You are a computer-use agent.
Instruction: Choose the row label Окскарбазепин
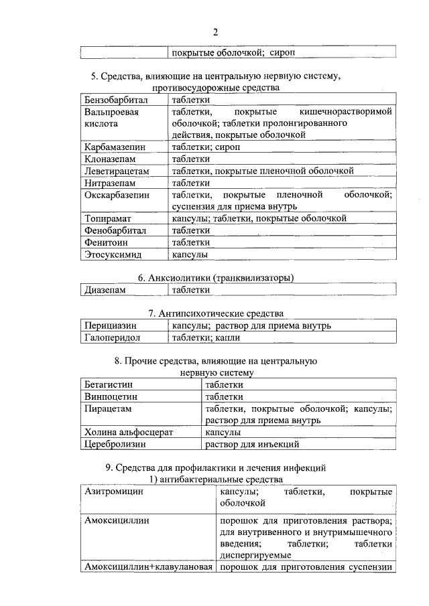[x=117, y=195]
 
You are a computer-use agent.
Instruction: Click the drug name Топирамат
[x=107, y=218]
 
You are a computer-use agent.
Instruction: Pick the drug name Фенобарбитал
[x=115, y=230]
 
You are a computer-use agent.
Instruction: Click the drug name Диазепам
[x=105, y=290]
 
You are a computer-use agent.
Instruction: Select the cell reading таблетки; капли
[x=202, y=337]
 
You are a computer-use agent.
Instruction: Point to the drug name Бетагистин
[x=109, y=384]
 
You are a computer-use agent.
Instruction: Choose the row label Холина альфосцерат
[x=129, y=432]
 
